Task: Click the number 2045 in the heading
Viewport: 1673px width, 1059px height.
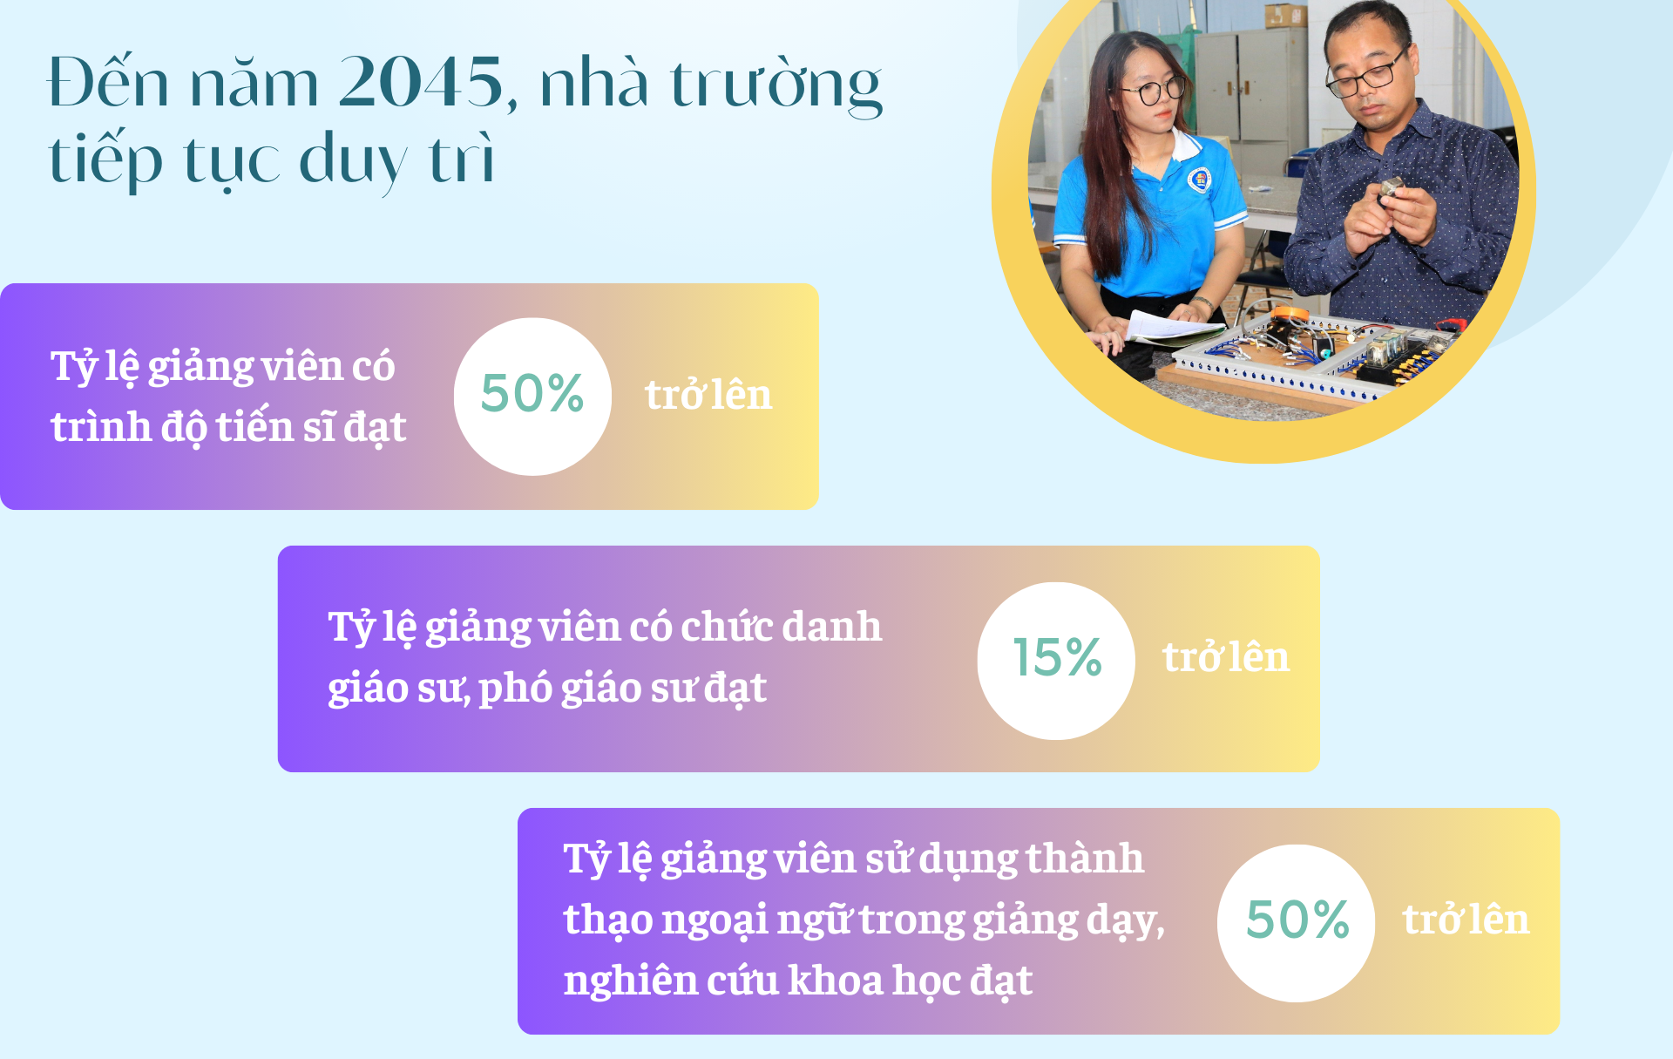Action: click(x=421, y=82)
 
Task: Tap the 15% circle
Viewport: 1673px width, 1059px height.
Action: click(x=1056, y=661)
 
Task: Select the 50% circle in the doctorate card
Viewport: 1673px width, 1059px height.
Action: click(x=532, y=397)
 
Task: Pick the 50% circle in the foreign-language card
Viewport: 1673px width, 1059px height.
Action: click(x=1296, y=923)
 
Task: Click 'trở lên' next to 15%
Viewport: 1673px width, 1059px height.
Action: click(x=1225, y=657)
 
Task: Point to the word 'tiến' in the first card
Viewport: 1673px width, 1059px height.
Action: click(x=254, y=426)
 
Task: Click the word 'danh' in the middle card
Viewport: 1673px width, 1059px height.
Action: click(x=831, y=626)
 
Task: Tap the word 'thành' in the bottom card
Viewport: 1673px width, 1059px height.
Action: click(x=1084, y=858)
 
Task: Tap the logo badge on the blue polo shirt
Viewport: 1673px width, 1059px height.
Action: click(x=1201, y=180)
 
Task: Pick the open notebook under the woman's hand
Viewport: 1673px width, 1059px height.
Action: click(x=1172, y=327)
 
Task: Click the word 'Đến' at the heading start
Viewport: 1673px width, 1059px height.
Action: click(x=108, y=82)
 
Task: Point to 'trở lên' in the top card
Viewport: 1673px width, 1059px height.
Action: click(x=708, y=395)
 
